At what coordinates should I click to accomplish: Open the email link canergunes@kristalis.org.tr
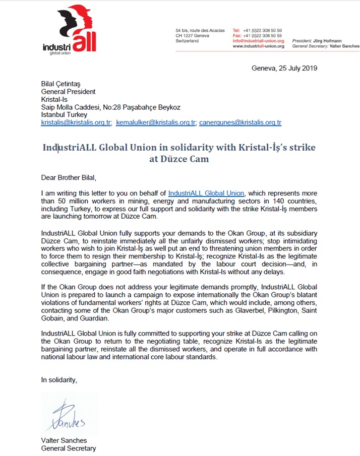(x=240, y=122)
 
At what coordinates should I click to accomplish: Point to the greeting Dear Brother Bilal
(x=68, y=177)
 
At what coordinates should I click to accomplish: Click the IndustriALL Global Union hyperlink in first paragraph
(x=206, y=193)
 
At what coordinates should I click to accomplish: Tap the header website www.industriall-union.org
(x=258, y=46)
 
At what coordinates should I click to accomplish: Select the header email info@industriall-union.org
(x=258, y=41)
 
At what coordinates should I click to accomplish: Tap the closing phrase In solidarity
(x=59, y=379)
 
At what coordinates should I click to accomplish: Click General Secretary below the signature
(x=69, y=448)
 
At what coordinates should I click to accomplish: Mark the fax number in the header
(x=263, y=36)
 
